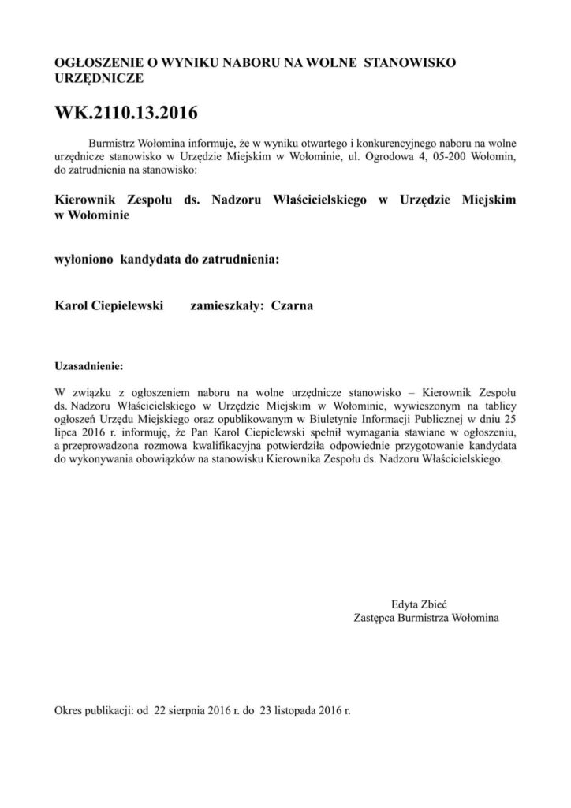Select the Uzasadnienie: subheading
(x=88, y=367)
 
